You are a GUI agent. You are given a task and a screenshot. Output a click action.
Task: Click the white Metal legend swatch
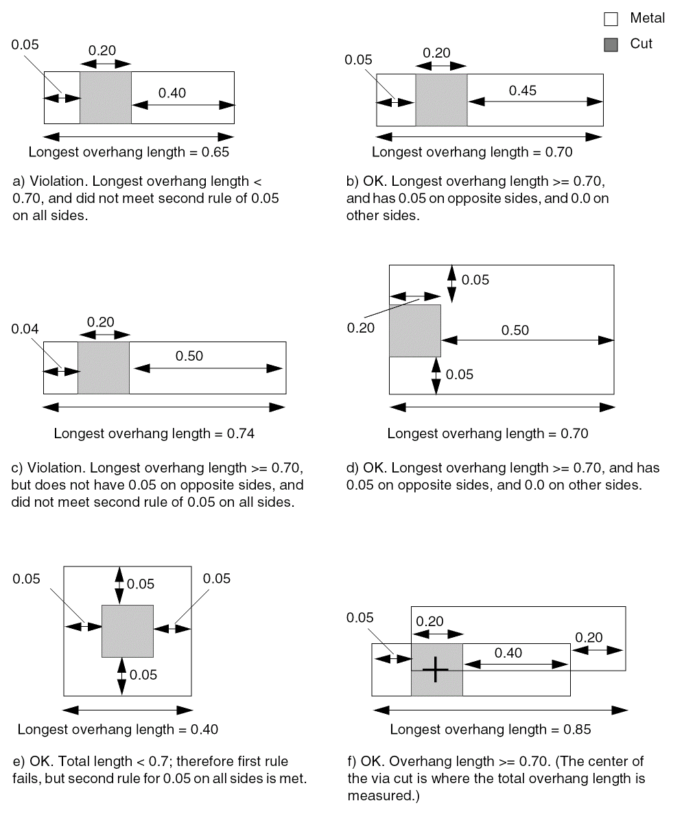click(611, 20)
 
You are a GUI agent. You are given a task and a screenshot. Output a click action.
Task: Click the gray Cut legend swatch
click(611, 45)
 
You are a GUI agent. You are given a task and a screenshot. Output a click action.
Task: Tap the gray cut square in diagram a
click(105, 97)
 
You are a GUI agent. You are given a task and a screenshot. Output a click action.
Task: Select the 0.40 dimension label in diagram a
click(172, 93)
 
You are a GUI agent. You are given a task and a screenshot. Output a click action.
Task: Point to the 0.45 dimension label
click(523, 90)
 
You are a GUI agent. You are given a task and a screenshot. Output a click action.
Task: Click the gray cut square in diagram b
click(441, 100)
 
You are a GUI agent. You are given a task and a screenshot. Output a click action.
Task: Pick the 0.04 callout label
click(25, 329)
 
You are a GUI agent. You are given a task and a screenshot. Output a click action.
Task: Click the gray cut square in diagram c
click(104, 368)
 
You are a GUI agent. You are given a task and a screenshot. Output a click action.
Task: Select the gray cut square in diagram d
click(415, 331)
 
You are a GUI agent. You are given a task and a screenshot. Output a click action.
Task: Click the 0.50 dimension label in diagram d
click(515, 330)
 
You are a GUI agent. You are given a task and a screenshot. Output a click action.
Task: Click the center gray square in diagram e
click(128, 631)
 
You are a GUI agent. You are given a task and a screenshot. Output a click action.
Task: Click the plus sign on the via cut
click(435, 669)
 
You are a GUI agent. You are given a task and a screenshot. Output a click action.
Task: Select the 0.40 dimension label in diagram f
click(508, 652)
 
